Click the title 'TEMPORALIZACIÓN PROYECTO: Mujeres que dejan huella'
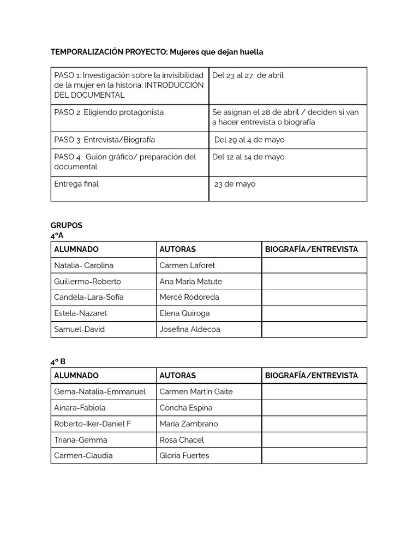157,52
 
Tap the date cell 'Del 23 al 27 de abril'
248,75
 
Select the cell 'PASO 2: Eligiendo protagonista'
109,112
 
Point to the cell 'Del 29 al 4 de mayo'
249,140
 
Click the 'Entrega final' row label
76,184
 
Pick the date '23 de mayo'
235,184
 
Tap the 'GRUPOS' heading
67,225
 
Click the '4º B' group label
58,361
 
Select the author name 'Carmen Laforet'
187,265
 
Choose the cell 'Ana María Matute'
190,281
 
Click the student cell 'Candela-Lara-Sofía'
89,297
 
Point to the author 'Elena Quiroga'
184,313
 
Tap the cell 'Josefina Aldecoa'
190,329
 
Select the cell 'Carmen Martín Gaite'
196,391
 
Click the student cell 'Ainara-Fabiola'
80,408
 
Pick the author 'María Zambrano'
188,424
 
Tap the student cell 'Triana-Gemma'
81,439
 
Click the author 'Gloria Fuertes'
184,455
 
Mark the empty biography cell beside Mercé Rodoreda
314,298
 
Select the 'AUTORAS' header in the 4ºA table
177,249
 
